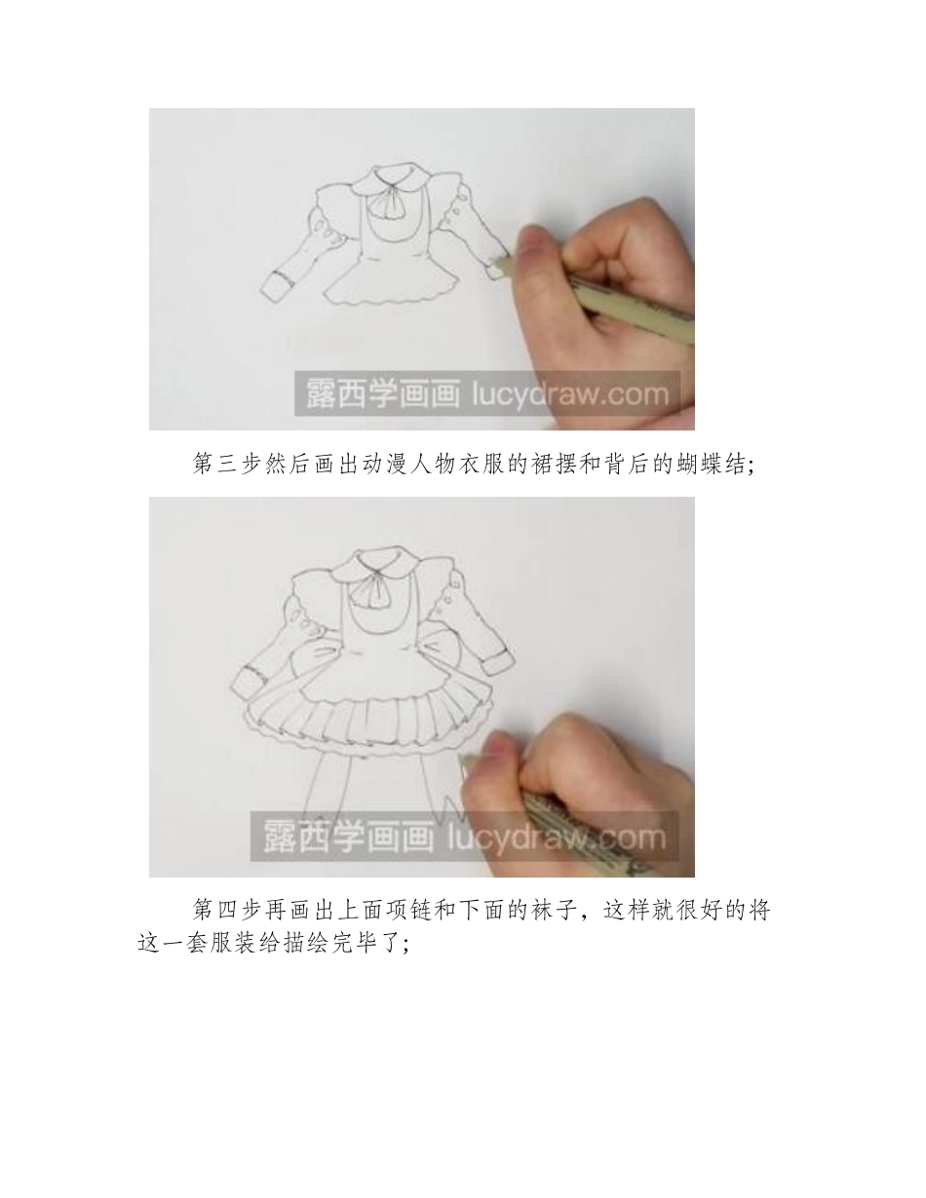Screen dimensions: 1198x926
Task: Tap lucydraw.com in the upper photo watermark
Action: click(x=570, y=394)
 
